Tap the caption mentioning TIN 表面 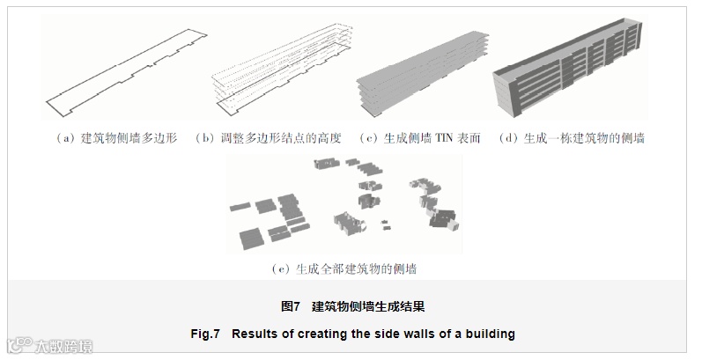(420, 139)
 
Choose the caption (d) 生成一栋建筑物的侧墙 (571, 139)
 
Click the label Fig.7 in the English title (205, 334)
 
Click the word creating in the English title (322, 334)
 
